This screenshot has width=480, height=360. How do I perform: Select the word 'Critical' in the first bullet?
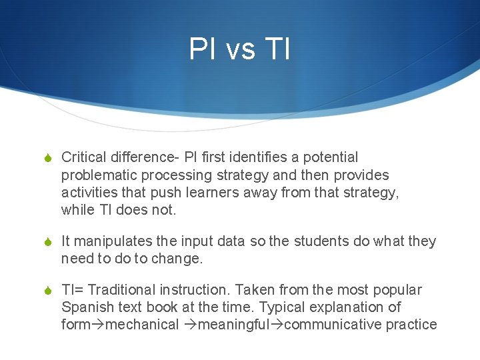pos(83,157)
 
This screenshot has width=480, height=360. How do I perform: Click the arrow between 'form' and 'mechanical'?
pos(99,325)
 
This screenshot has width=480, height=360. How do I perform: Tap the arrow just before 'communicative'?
pos(276,325)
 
